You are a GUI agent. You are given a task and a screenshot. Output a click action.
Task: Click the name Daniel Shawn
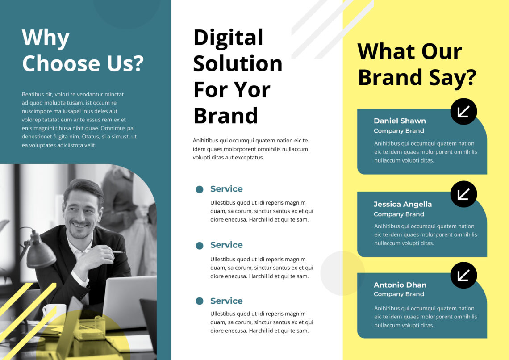pos(400,121)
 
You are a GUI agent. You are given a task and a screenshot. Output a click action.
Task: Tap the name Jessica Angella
pos(402,204)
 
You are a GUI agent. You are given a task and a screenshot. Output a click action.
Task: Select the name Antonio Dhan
pos(400,285)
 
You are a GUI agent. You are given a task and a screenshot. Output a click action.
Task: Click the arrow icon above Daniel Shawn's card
pos(463,111)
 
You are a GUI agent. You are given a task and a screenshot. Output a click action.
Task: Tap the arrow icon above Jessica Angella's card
pos(463,194)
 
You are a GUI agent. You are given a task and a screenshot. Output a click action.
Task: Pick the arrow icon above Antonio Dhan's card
pos(463,275)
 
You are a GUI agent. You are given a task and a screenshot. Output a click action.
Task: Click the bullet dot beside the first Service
pos(200,189)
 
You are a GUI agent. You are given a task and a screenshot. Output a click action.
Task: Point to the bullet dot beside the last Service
pos(200,301)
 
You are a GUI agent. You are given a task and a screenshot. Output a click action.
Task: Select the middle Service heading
pos(226,245)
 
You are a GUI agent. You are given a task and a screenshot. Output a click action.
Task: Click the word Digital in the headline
pos(228,38)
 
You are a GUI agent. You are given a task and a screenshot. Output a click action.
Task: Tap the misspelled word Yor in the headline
pos(254,89)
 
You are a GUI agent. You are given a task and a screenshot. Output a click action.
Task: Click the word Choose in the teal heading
pos(61,63)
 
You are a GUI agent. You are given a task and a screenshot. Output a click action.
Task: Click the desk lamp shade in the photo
pos(41,253)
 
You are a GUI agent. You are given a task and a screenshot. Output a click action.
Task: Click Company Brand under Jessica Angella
pos(399,214)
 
